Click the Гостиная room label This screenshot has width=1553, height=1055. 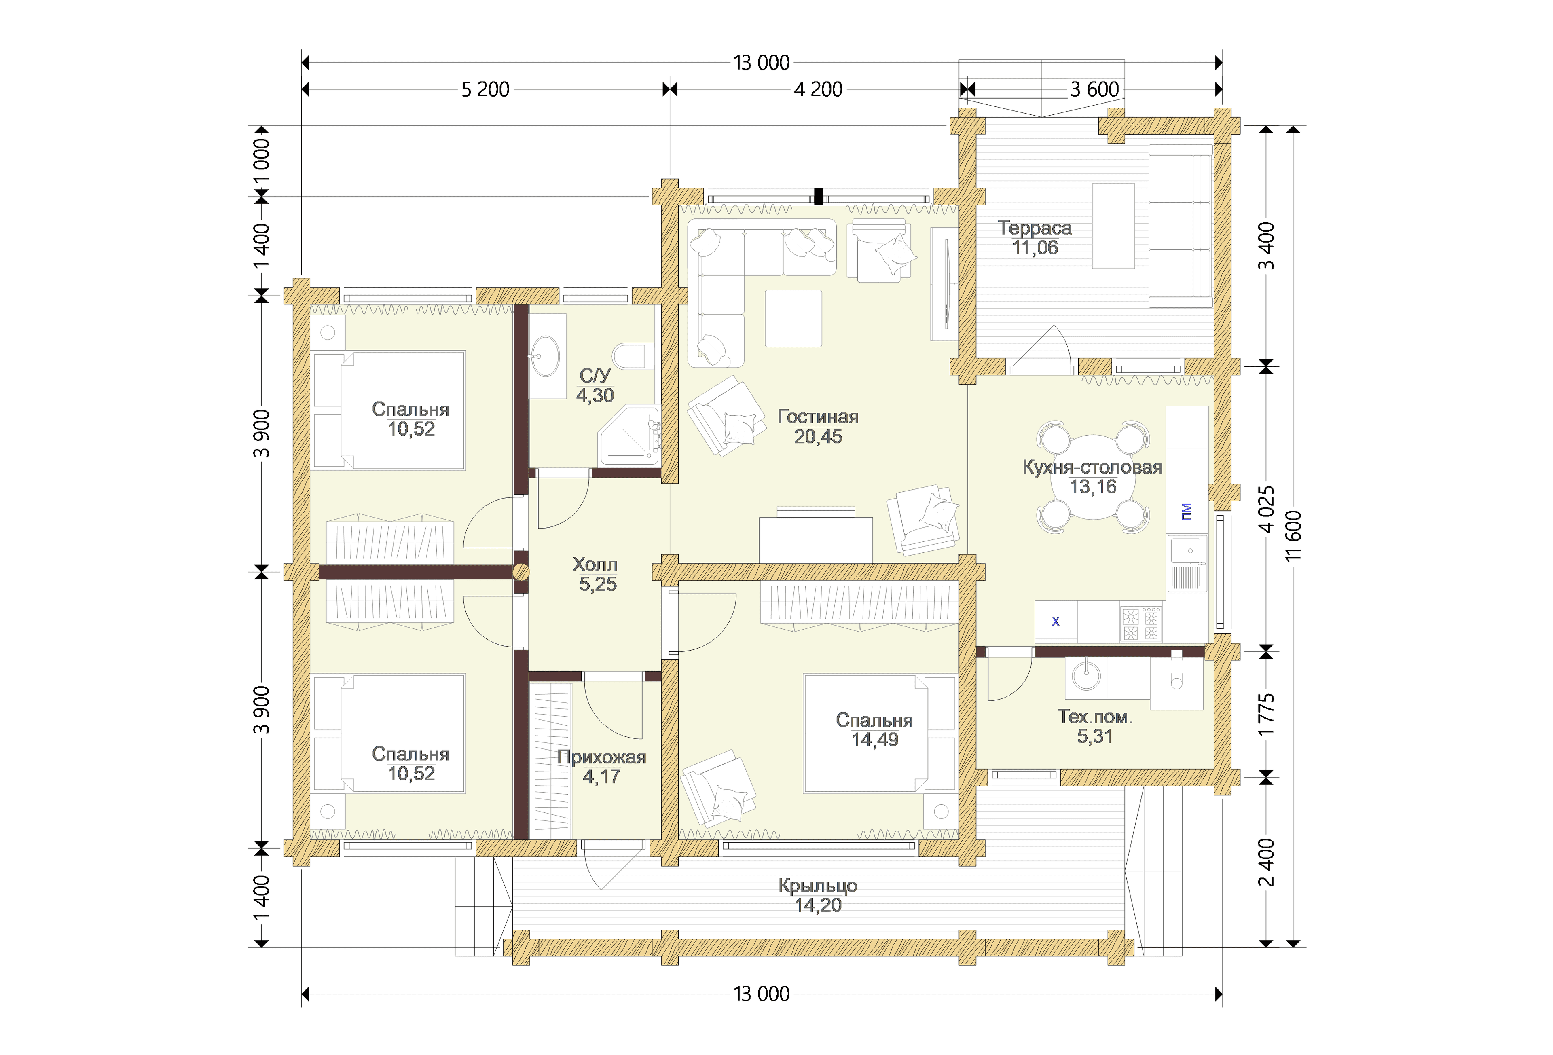coord(818,417)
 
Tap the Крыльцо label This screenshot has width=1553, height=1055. coord(818,886)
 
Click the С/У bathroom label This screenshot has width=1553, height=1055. coord(595,376)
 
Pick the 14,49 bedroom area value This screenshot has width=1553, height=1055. coord(875,740)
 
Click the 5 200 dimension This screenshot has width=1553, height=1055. coord(485,89)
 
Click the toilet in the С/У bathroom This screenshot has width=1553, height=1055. coord(632,356)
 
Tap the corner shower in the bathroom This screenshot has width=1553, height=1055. coord(629,436)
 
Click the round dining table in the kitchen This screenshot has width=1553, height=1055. coord(1093,477)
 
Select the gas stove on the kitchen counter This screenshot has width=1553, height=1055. coord(1141,624)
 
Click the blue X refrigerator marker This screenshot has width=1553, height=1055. coord(1056,622)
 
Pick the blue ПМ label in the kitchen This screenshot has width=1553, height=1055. coord(1186,512)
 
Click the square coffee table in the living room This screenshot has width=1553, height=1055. coord(793,318)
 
